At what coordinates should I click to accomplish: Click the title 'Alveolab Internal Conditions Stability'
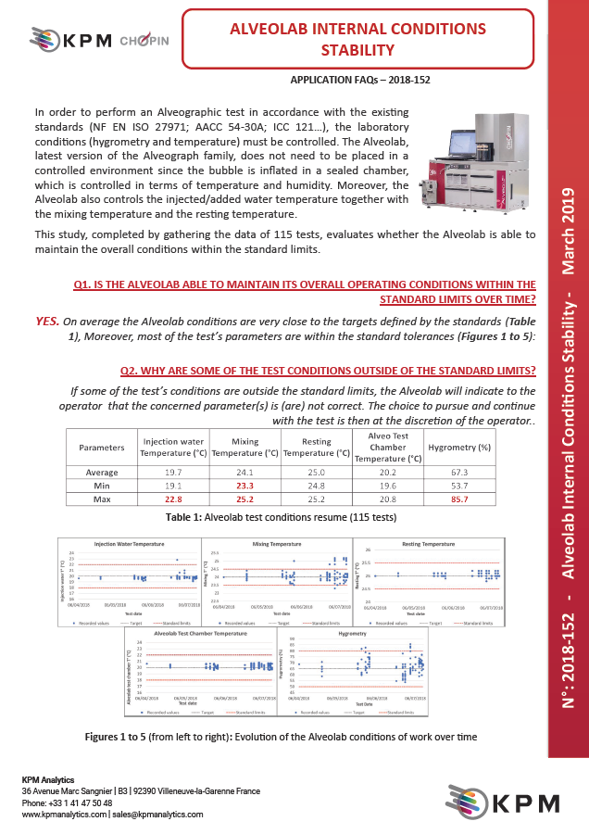click(x=357, y=39)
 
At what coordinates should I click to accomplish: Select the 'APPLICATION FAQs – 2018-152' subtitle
click(x=359, y=80)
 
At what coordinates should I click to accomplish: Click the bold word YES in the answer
click(x=47, y=321)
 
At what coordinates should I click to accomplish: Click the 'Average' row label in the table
click(x=101, y=472)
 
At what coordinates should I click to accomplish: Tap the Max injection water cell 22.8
click(x=173, y=499)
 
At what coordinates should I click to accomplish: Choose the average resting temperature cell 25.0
click(x=316, y=472)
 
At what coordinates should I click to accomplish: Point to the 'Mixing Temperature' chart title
click(x=277, y=543)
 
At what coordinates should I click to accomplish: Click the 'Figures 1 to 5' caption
click(x=281, y=737)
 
